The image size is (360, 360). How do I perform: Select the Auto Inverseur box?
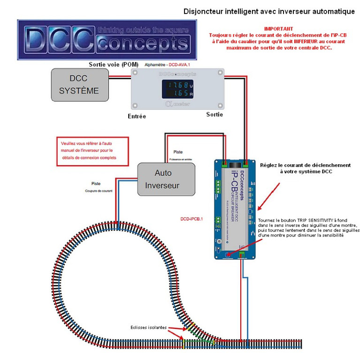click(162, 179)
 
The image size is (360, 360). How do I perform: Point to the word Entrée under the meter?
click(137, 116)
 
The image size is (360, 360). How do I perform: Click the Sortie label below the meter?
click(214, 115)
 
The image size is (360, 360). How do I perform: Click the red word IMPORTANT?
click(278, 29)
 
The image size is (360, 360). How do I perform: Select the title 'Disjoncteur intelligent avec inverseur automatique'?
click(269, 11)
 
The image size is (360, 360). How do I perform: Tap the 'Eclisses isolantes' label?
click(148, 328)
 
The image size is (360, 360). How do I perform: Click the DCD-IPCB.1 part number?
click(191, 219)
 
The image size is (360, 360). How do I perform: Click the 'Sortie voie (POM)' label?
click(113, 63)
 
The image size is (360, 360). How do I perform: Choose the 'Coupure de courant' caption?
click(100, 191)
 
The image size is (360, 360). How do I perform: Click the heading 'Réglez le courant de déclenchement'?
click(306, 165)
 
